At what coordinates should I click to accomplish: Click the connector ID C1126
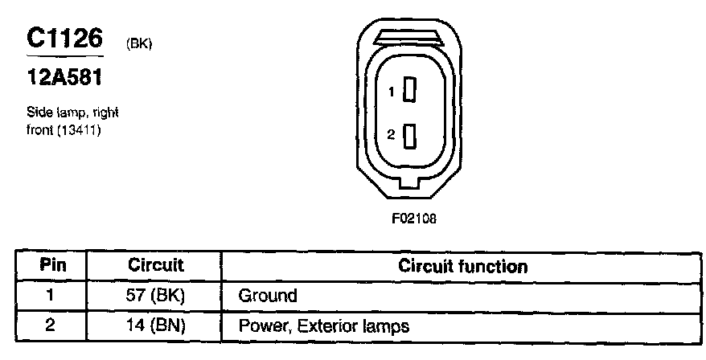pyautogui.click(x=64, y=38)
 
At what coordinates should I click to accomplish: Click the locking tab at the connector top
pyautogui.click(x=409, y=36)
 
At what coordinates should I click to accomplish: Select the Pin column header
pyautogui.click(x=53, y=265)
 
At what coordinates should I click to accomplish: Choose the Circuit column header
pyautogui.click(x=156, y=265)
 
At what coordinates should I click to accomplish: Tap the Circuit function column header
pyautogui.click(x=463, y=266)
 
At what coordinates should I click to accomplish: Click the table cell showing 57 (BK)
pyautogui.click(x=156, y=295)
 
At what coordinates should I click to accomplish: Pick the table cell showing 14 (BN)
pyautogui.click(x=156, y=325)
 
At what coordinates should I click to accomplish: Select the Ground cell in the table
pyautogui.click(x=267, y=296)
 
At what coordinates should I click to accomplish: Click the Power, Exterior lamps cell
pyautogui.click(x=323, y=326)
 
